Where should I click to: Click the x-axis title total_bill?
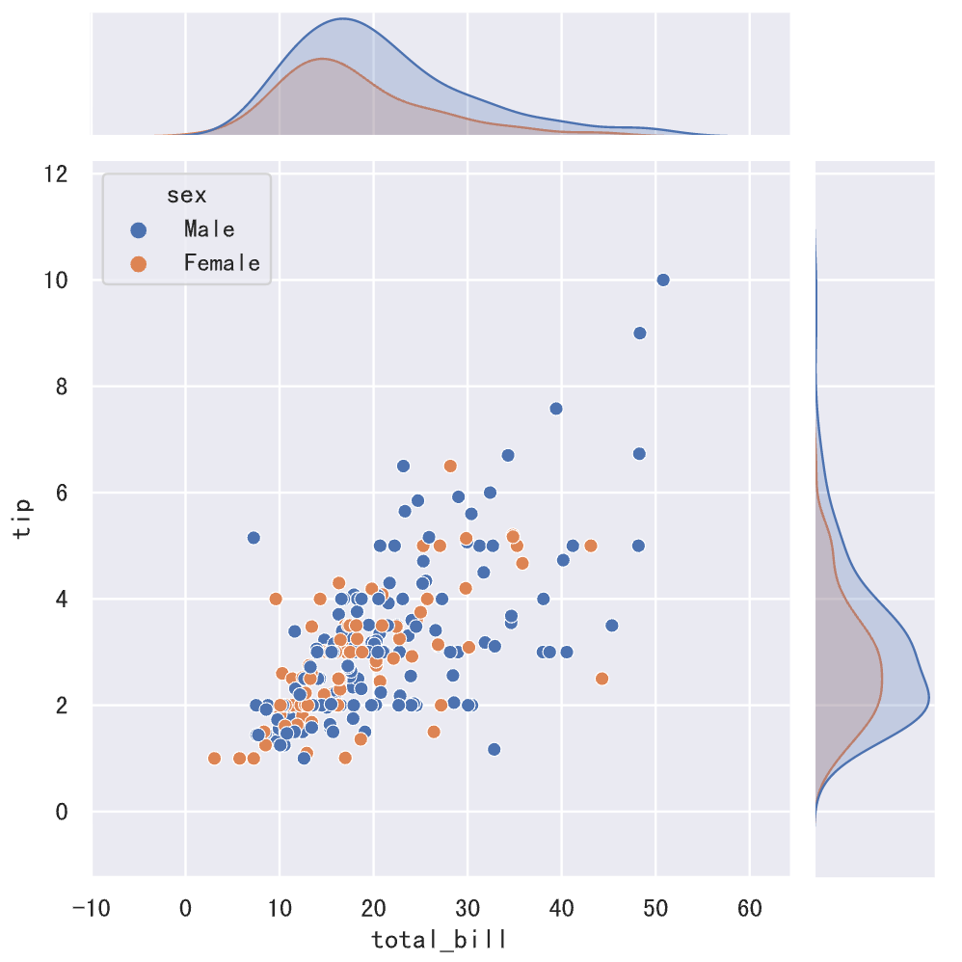click(426, 939)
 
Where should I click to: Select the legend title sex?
click(186, 196)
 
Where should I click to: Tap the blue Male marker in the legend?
click(139, 229)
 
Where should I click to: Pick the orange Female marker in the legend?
click(139, 263)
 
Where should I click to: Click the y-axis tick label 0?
click(62, 812)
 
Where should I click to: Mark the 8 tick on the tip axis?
click(62, 387)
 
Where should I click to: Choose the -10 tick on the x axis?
click(93, 909)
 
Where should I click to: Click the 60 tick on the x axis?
click(750, 909)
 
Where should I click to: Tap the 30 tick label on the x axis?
click(468, 909)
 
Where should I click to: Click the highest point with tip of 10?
click(663, 280)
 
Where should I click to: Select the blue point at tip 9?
click(639, 333)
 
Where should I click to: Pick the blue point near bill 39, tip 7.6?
click(555, 408)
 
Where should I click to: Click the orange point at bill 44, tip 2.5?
click(602, 679)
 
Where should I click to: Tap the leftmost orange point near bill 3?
click(214, 759)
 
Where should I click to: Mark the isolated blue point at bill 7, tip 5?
click(254, 537)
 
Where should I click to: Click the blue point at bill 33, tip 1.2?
click(494, 749)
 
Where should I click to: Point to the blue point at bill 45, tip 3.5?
click(611, 626)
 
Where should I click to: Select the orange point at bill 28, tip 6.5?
click(450, 466)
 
